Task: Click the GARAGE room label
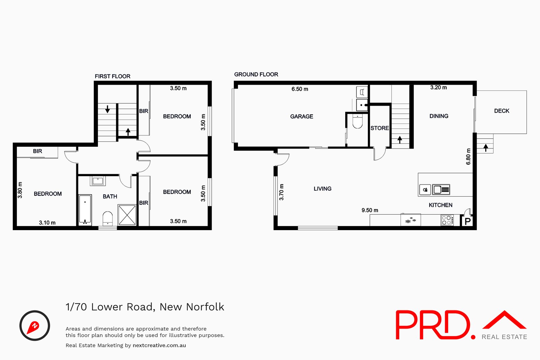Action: click(x=301, y=116)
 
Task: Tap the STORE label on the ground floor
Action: click(x=380, y=128)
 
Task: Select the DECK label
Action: click(x=502, y=111)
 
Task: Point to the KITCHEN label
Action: click(x=440, y=205)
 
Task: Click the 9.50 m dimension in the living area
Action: click(x=370, y=210)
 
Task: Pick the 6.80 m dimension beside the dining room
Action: click(x=468, y=157)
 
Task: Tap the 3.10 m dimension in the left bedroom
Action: click(x=47, y=223)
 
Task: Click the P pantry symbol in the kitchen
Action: click(x=467, y=221)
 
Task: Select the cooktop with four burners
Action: click(x=447, y=220)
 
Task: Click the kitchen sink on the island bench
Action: click(x=441, y=190)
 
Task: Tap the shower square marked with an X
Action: click(x=127, y=215)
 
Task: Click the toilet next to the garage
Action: click(x=357, y=121)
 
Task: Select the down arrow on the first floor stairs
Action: click(x=107, y=109)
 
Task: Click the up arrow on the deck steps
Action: click(x=486, y=147)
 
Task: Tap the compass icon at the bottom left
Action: click(x=34, y=326)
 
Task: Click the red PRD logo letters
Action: click(x=433, y=325)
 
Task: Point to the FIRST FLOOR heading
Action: click(x=112, y=76)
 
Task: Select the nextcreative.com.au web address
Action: click(x=159, y=345)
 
